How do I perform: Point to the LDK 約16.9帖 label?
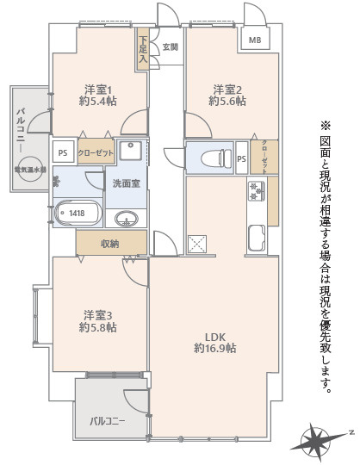[x=213, y=342]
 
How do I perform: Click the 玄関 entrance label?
[x=171, y=46]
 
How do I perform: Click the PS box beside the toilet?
[x=242, y=158]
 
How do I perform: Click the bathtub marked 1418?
[x=78, y=214]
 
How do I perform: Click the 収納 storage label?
[x=109, y=244]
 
